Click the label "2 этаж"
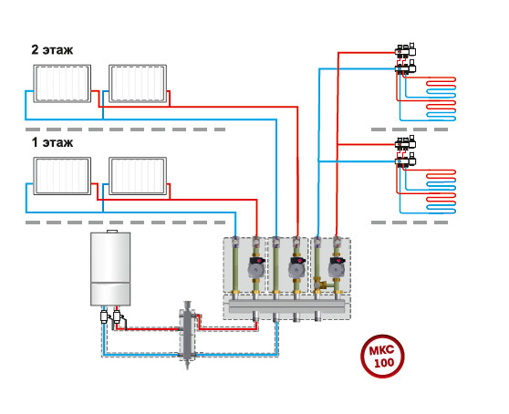point(52,50)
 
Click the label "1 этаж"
point(52,142)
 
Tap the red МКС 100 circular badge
point(382,356)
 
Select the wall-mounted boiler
point(110,269)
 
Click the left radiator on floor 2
point(62,84)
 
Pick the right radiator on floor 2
point(138,84)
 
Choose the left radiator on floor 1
point(62,176)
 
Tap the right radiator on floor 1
point(138,176)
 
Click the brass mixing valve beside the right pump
point(321,285)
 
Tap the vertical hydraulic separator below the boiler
point(187,334)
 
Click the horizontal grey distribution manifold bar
point(287,306)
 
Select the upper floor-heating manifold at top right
point(406,59)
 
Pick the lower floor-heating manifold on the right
point(406,152)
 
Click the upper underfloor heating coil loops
point(441,99)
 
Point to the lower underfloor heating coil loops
point(441,191)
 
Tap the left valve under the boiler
point(105,316)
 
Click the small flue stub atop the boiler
point(112,231)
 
